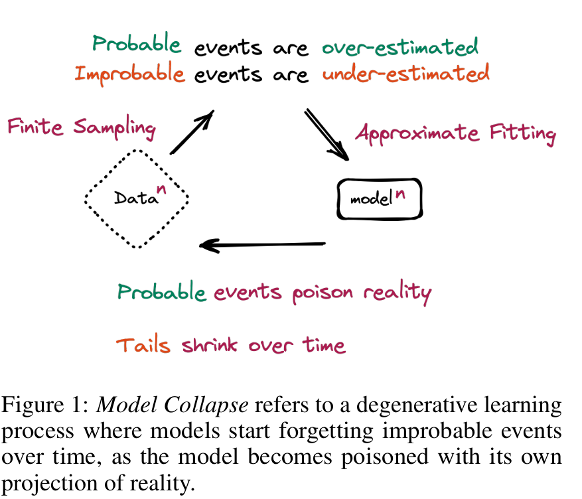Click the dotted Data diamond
click(137, 198)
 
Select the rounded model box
click(379, 198)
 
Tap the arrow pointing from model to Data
click(263, 245)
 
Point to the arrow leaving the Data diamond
click(192, 132)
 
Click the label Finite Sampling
click(81, 127)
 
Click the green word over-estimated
click(399, 46)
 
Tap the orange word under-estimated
click(405, 72)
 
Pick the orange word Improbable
click(129, 72)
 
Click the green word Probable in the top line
click(137, 45)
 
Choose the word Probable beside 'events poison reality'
click(161, 292)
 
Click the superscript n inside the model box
click(400, 194)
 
